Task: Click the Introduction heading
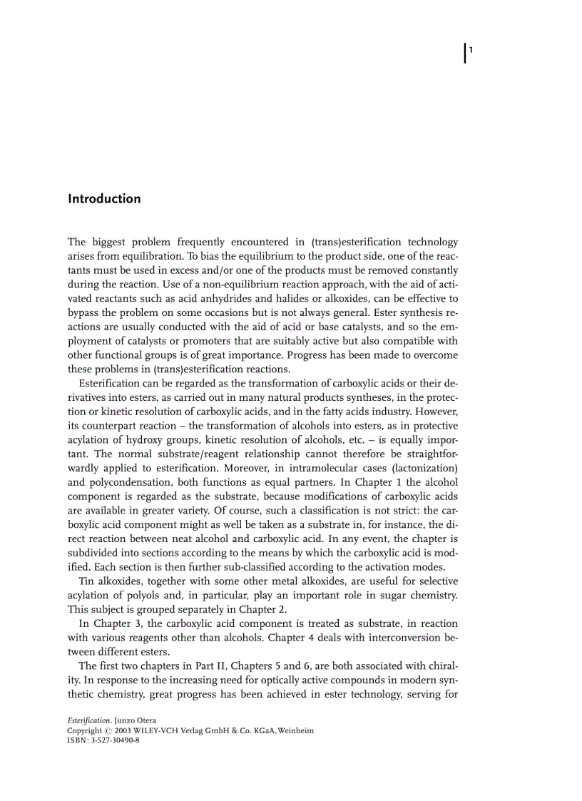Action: point(104,199)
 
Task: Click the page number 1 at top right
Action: point(471,50)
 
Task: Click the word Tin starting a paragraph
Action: point(87,581)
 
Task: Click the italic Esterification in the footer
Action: point(90,721)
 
